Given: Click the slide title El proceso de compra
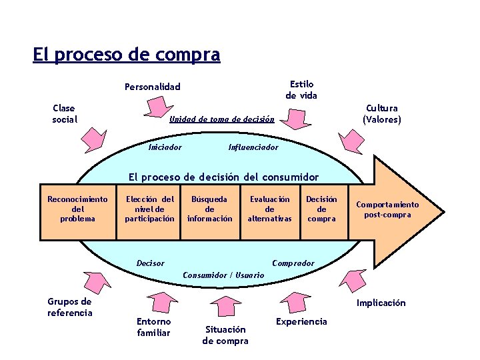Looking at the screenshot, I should pos(126,55).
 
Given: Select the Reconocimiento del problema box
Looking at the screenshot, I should pos(77,209).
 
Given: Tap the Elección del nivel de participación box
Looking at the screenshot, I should pos(150,209).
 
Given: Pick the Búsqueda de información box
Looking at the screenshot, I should pos(209,209).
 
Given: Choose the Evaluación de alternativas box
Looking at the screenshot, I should pos(269,209).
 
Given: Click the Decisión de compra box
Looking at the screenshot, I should pos(321,209).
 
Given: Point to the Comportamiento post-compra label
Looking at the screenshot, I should pos(387,209).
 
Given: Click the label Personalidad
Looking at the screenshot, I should pos(153,87).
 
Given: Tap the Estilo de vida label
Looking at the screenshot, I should pos(301,90).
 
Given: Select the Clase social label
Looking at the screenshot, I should pos(64,113).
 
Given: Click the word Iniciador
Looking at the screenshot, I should pos(165,147).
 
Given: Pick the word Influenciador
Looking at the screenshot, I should pos(253,147).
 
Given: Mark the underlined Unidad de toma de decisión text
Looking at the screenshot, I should pos(221,119).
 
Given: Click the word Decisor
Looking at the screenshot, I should pos(150,263).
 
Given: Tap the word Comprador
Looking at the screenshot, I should pos(293,263).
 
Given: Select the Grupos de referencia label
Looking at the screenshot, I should pos(69,307).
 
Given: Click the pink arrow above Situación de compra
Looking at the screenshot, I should pos(225,307).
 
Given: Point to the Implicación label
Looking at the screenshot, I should pos(381,303).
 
